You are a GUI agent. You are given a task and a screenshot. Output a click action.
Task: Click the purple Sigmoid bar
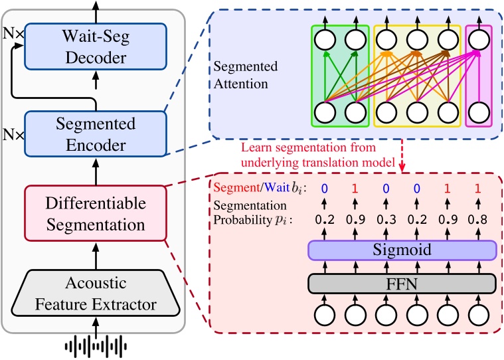coord(402,250)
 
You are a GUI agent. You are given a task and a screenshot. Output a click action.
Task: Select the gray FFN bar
coord(402,284)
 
